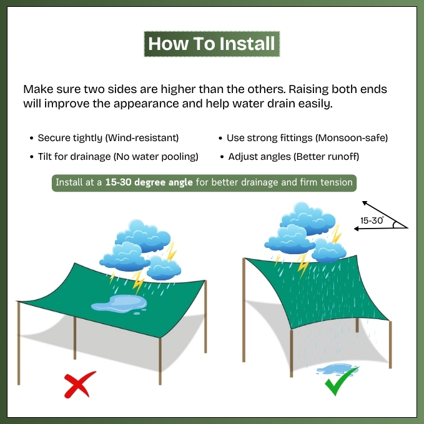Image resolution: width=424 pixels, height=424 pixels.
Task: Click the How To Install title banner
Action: pos(212,44)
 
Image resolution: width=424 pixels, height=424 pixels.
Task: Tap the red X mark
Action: pos(80,384)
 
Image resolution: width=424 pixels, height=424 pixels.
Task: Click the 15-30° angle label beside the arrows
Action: pos(372,220)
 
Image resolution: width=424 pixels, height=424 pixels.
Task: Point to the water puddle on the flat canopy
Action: pos(119,304)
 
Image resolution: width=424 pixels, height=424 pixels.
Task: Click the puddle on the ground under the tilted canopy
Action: pos(337,370)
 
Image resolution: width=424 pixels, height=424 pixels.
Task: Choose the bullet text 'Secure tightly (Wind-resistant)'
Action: pos(108,138)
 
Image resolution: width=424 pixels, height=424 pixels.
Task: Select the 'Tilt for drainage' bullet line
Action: pos(118,157)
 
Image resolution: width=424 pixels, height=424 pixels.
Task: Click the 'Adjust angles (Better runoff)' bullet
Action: pos(293,157)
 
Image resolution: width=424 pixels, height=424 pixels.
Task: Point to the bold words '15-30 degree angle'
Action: pos(149,182)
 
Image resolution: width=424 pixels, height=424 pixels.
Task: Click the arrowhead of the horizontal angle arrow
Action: pos(357,229)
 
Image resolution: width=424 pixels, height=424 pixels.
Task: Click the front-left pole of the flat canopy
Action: pos(19,343)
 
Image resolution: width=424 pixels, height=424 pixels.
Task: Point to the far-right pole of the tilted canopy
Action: pos(390,345)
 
